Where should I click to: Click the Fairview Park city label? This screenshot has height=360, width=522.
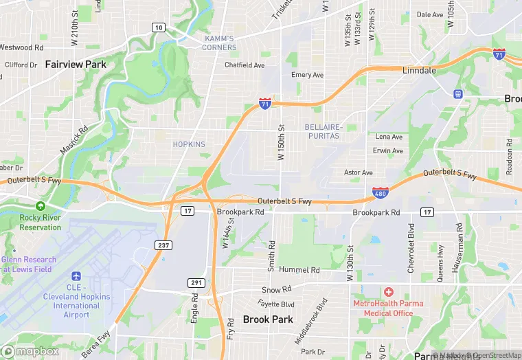click(x=76, y=64)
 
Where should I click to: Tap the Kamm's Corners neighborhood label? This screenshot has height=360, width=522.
click(x=220, y=43)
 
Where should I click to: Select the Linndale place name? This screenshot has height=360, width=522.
click(x=419, y=71)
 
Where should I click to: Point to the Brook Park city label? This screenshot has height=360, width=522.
click(x=268, y=319)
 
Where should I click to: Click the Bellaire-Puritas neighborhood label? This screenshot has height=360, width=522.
click(x=322, y=131)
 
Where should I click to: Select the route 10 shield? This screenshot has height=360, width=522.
click(x=159, y=27)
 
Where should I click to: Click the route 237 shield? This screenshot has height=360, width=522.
click(x=163, y=245)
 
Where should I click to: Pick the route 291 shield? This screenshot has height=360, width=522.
click(x=196, y=282)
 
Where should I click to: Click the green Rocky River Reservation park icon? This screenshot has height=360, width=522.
click(x=41, y=205)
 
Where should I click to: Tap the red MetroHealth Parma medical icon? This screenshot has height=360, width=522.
click(x=389, y=293)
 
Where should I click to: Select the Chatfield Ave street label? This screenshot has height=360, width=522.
click(x=245, y=65)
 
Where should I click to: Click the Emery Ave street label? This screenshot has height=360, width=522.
click(x=307, y=75)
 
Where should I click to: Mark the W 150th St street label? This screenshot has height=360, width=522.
click(x=281, y=142)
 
